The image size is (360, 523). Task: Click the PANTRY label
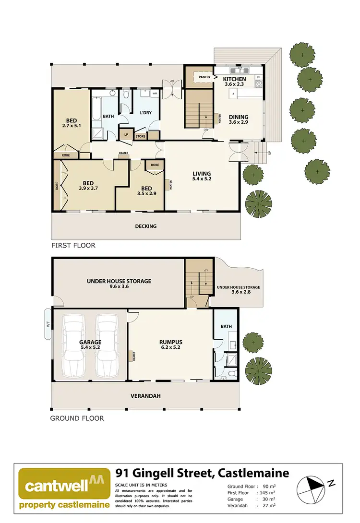coord(204,77)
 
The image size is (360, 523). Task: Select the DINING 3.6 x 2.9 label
coord(239,119)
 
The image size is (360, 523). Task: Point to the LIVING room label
coord(202,176)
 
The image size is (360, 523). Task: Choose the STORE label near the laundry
coord(140,136)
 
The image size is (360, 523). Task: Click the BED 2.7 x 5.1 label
coord(72,123)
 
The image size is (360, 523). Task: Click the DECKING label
coord(146,226)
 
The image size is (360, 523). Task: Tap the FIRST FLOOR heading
coord(73,245)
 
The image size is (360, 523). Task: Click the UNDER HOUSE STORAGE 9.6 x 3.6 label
coord(119,284)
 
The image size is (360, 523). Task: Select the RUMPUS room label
coord(170,345)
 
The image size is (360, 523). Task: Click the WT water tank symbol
coord(48,324)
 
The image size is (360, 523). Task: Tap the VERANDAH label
coord(145,396)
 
